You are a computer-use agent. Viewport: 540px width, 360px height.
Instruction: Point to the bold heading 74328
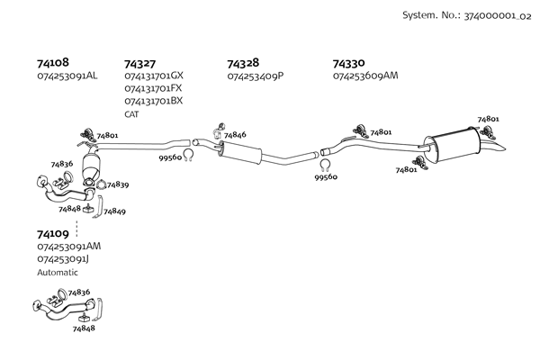(x=243, y=63)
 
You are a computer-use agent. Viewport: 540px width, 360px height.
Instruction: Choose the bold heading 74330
(x=348, y=63)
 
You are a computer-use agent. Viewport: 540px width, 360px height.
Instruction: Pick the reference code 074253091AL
(x=67, y=76)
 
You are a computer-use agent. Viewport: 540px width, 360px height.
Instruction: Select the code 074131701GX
(x=154, y=76)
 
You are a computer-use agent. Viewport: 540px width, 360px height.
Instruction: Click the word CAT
(x=131, y=114)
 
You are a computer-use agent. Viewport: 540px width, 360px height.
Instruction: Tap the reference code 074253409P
(x=256, y=76)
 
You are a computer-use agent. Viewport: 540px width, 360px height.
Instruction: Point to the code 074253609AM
(x=364, y=76)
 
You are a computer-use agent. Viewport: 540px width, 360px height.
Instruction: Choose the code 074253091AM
(x=68, y=246)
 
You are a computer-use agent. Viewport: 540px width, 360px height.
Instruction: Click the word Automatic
(x=58, y=271)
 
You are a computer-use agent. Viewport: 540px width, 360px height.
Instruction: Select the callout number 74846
(x=235, y=135)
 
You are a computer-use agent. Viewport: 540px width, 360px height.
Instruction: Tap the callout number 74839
(x=118, y=185)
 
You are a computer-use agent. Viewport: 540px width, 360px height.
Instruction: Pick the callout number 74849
(x=114, y=211)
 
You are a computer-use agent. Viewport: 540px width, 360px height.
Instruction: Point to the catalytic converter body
(x=92, y=168)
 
